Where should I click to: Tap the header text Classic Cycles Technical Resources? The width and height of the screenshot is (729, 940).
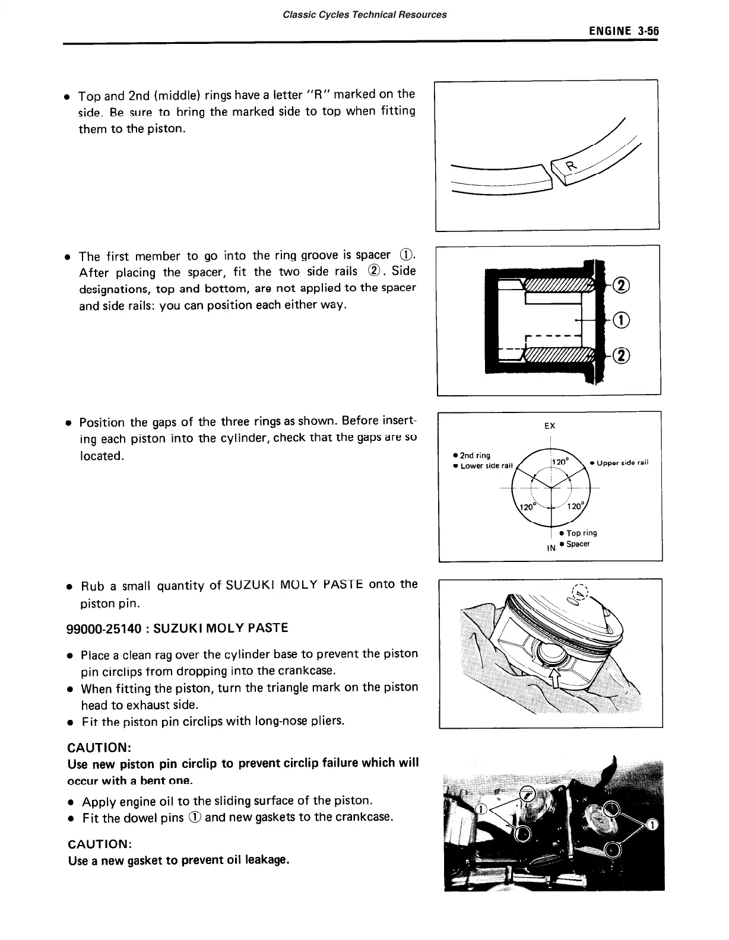[365, 14]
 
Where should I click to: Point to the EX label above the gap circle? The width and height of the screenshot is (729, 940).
[550, 426]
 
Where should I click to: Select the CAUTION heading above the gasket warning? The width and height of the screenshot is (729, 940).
[99, 844]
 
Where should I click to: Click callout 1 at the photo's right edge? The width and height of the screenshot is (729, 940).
[652, 825]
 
